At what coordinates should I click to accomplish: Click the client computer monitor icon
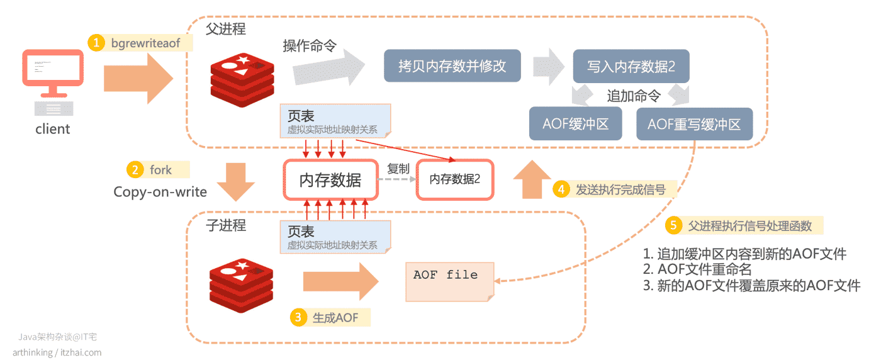tap(53, 73)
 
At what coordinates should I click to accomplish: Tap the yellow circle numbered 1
tap(96, 43)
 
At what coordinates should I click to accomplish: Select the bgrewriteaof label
tap(145, 43)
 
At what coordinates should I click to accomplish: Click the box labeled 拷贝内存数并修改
tap(452, 65)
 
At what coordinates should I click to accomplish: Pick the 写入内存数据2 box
tap(631, 66)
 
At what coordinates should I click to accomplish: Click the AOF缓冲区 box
tap(575, 124)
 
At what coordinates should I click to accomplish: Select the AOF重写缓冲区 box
tap(695, 124)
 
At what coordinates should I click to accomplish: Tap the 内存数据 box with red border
tap(331, 180)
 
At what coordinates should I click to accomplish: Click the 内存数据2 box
tap(455, 179)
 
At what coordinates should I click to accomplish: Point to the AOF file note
tap(450, 282)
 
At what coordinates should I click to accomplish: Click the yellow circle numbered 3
tap(298, 317)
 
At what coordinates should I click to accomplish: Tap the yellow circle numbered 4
tap(561, 189)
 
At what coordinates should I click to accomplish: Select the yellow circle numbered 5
tap(673, 225)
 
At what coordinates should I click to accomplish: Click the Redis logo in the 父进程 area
tap(242, 80)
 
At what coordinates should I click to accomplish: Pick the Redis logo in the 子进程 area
tap(241, 286)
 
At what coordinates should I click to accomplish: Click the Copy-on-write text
tap(160, 192)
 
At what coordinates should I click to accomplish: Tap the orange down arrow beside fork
tap(236, 182)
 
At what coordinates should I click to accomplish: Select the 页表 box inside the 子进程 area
tap(335, 237)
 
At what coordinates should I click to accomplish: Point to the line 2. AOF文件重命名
tap(697, 269)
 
